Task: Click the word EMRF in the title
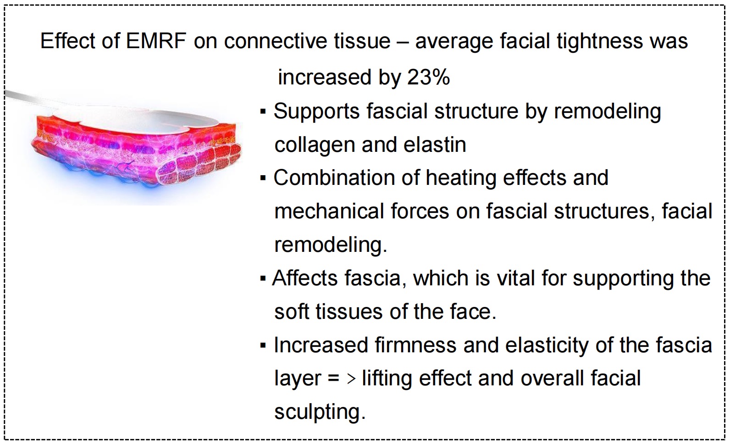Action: click(155, 41)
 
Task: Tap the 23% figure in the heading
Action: click(429, 78)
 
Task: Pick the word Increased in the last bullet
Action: click(321, 345)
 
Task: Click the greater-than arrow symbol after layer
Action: click(351, 379)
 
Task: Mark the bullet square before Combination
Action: click(263, 178)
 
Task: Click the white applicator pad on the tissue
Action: click(137, 119)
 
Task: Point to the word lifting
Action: click(387, 379)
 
